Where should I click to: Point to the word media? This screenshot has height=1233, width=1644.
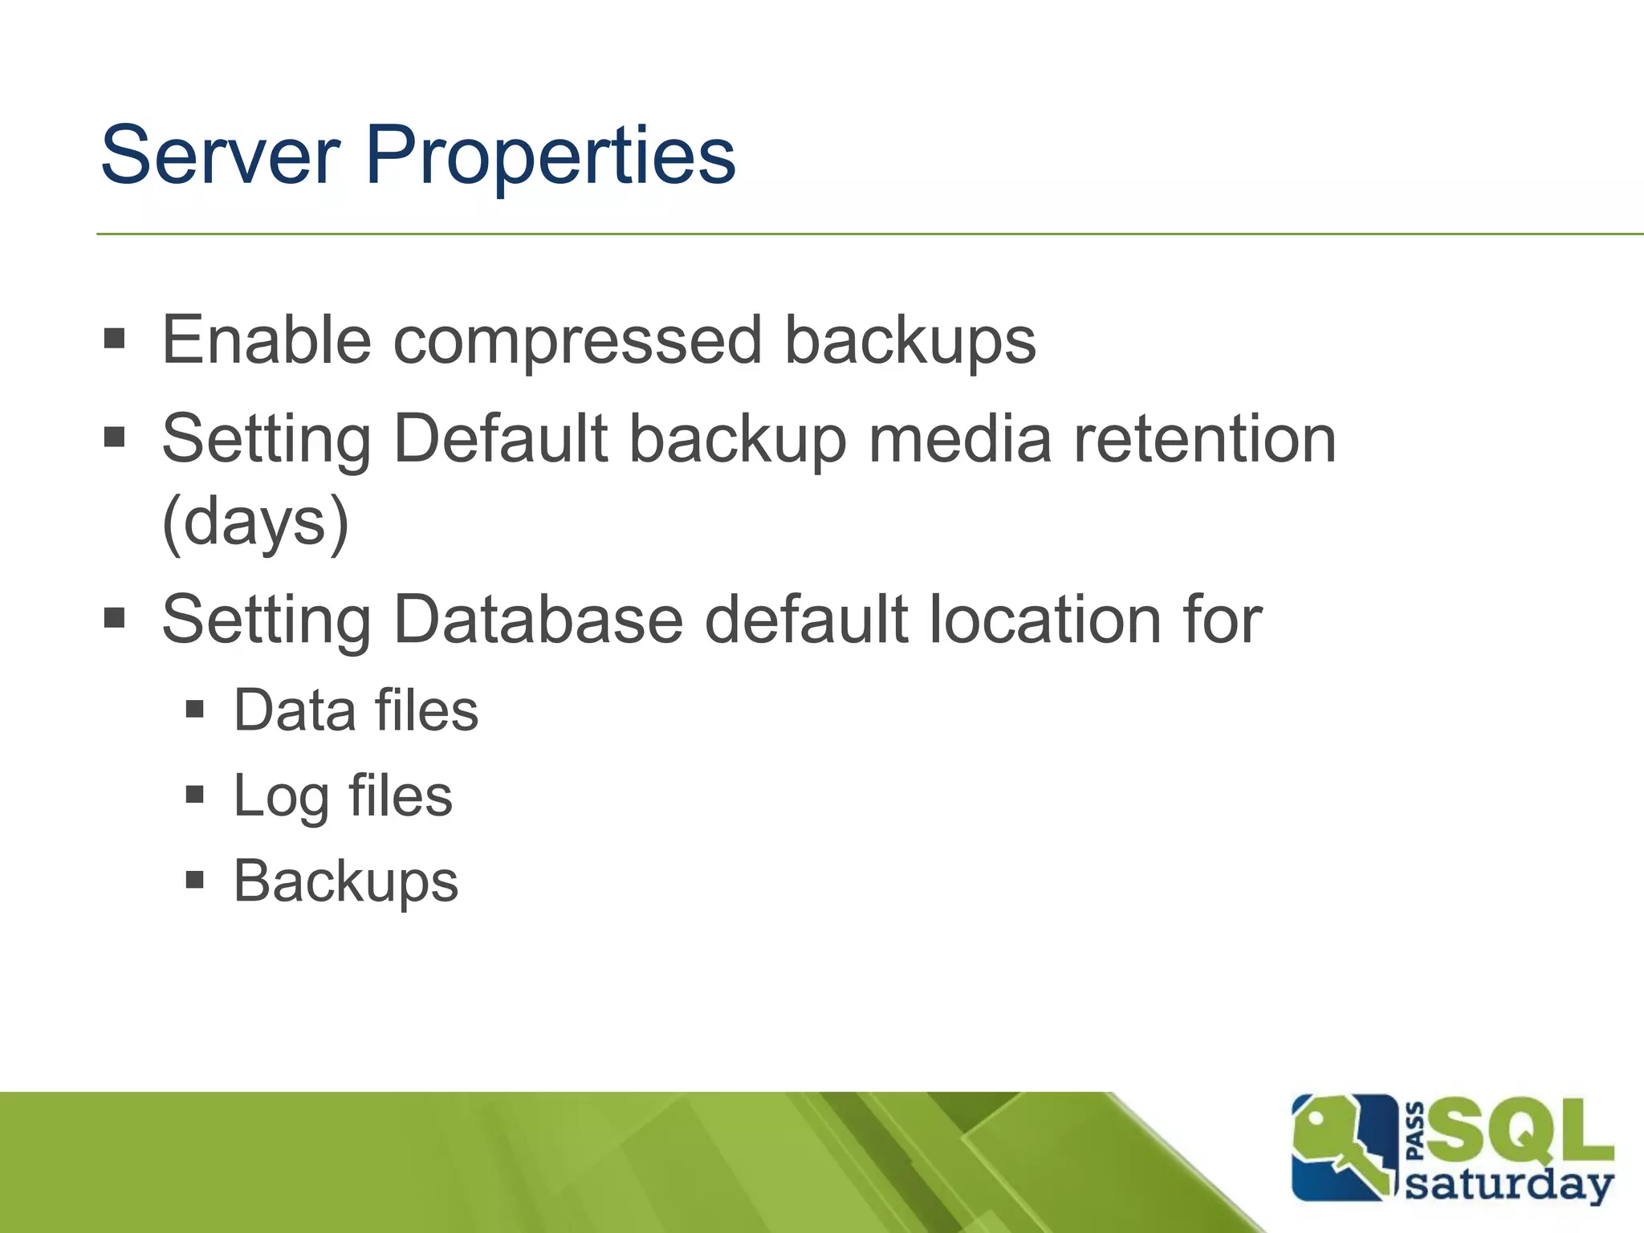[x=959, y=439]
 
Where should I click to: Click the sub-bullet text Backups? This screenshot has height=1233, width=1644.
[x=345, y=882]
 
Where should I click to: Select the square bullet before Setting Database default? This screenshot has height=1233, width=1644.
[x=115, y=617]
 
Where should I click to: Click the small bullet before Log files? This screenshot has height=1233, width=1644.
[x=194, y=795]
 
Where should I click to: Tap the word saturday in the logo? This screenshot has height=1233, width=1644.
[x=1509, y=1185]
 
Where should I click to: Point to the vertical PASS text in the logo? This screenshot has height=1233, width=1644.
[x=1416, y=1131]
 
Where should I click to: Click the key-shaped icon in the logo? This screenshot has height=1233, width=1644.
[x=1341, y=1148]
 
